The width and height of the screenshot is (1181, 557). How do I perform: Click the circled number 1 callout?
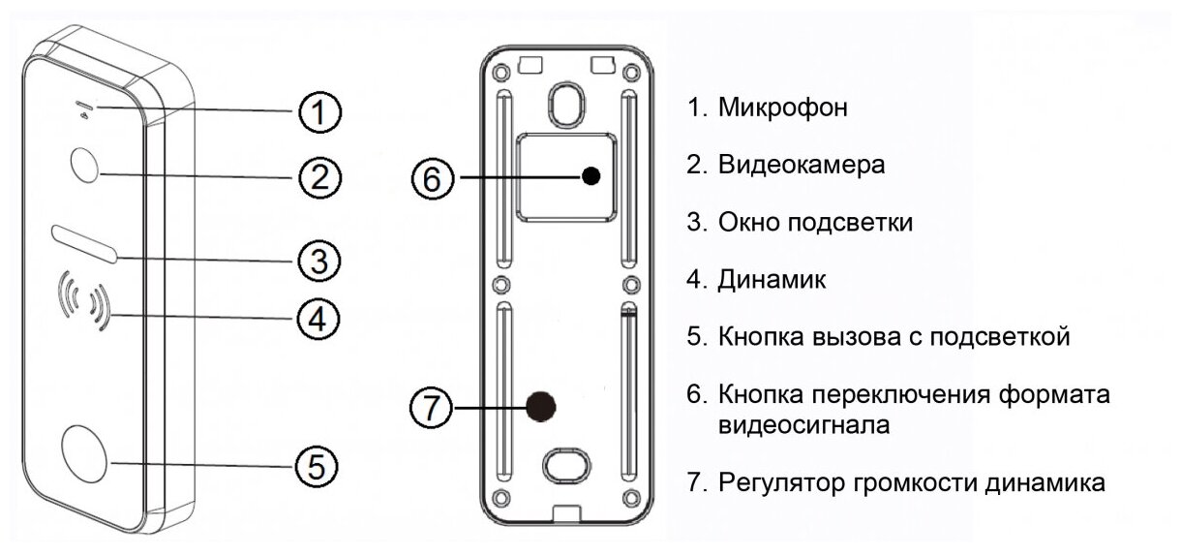[318, 112]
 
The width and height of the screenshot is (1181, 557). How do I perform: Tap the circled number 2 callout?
[318, 177]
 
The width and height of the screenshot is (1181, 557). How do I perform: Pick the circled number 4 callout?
[318, 318]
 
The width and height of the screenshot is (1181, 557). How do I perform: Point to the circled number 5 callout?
[318, 466]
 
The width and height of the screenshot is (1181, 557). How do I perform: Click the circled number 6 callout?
[431, 177]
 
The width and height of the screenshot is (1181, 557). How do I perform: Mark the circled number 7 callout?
[431, 407]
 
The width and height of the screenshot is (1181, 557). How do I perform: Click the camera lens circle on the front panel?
[85, 165]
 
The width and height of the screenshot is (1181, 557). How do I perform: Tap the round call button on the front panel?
[86, 454]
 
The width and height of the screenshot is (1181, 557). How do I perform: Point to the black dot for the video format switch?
[591, 176]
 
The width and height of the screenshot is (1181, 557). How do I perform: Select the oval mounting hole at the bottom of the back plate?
[564, 464]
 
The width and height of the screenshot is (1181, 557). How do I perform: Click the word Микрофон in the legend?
[783, 108]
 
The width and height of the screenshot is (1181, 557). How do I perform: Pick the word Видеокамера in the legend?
[802, 165]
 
